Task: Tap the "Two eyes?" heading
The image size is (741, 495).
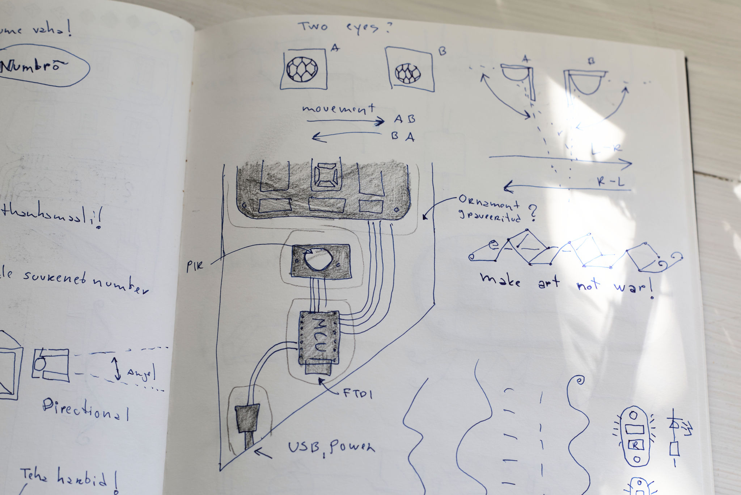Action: (344, 28)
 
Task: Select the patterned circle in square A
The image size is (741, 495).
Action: (302, 69)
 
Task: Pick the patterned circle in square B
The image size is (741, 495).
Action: (408, 73)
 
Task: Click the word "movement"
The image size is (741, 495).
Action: (338, 109)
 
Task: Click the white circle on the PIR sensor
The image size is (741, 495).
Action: (318, 259)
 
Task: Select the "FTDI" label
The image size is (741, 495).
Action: (357, 394)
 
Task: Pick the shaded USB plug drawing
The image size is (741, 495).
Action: (247, 419)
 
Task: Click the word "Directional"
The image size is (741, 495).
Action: (85, 409)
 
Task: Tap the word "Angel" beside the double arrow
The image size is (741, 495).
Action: (141, 373)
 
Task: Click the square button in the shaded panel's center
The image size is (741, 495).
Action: (326, 176)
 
